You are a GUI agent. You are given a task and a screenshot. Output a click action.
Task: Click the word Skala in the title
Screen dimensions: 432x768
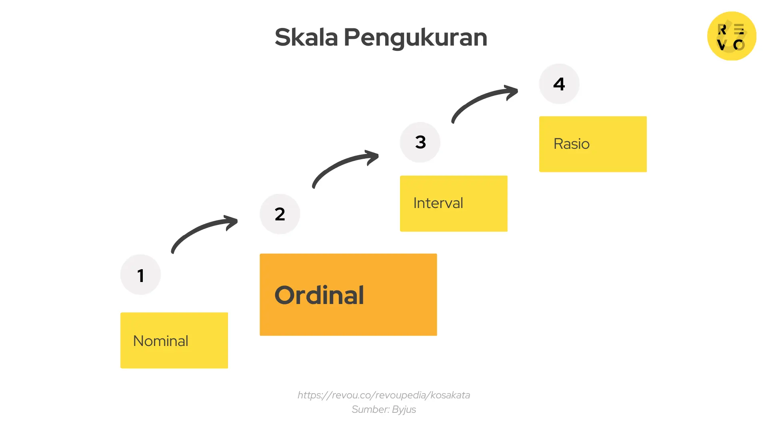click(306, 38)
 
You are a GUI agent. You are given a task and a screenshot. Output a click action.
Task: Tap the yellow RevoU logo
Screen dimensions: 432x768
click(732, 36)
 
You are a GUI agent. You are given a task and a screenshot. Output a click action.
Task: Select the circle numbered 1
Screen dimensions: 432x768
click(140, 275)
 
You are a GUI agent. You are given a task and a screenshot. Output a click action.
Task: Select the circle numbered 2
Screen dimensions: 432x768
click(280, 214)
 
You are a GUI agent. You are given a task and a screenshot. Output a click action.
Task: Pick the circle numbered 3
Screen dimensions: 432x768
click(420, 142)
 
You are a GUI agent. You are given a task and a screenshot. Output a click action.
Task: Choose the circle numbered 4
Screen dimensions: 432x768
click(559, 84)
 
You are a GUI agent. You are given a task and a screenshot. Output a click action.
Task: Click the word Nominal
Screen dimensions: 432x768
click(160, 341)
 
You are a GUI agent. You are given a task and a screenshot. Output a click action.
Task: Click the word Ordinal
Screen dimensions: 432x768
click(319, 295)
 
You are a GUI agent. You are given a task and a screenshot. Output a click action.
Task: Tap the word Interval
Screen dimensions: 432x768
click(438, 203)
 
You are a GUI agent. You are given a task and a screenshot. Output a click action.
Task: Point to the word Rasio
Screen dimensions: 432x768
click(571, 144)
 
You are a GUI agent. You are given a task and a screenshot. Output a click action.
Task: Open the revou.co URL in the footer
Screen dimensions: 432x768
click(384, 395)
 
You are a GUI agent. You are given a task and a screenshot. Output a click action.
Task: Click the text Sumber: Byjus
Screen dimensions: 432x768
click(384, 410)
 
